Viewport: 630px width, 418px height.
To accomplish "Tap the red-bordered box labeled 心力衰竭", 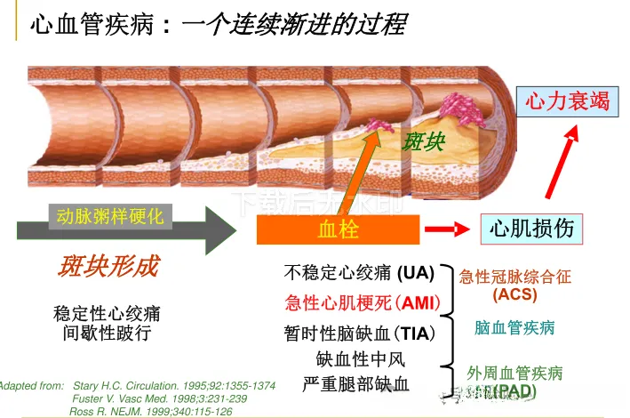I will coord(568,100).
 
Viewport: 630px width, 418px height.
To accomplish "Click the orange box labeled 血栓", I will coord(338,230).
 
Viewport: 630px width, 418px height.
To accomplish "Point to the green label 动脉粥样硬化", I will coord(109,215).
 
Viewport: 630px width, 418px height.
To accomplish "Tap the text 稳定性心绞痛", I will coord(107,314).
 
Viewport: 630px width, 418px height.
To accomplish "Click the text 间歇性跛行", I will coord(107,334).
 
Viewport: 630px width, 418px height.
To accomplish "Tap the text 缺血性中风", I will coord(360,359).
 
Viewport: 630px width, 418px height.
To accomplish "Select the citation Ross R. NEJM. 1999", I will coord(150,411).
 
